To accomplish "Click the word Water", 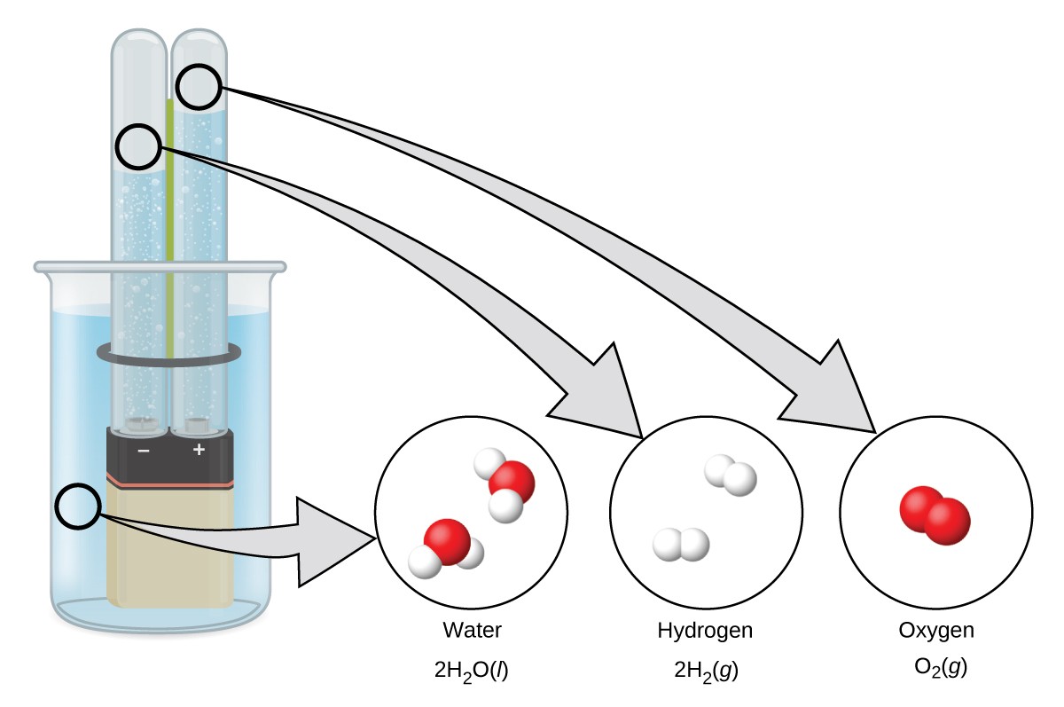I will coord(472,631).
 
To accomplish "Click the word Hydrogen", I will coord(705,631).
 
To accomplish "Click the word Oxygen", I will coord(936,631).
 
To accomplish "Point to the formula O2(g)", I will coord(936,668).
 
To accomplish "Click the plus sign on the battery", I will coord(199,450).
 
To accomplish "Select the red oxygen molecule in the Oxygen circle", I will coord(935,514).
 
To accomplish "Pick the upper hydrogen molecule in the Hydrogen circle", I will coord(731,475).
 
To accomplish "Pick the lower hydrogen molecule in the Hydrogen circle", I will coord(681,544).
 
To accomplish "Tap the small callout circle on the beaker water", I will coord(79,507).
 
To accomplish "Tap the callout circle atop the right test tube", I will coord(199,87).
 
